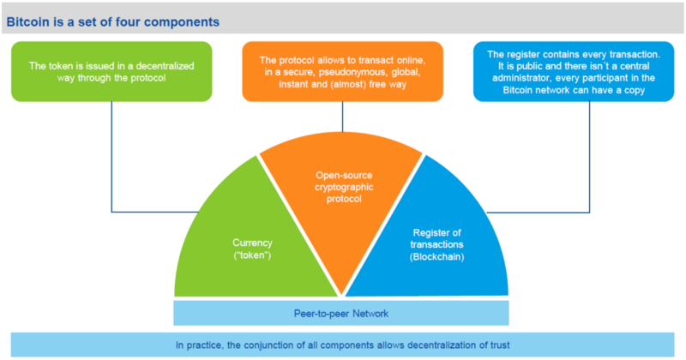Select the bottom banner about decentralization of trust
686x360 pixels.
click(343, 345)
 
